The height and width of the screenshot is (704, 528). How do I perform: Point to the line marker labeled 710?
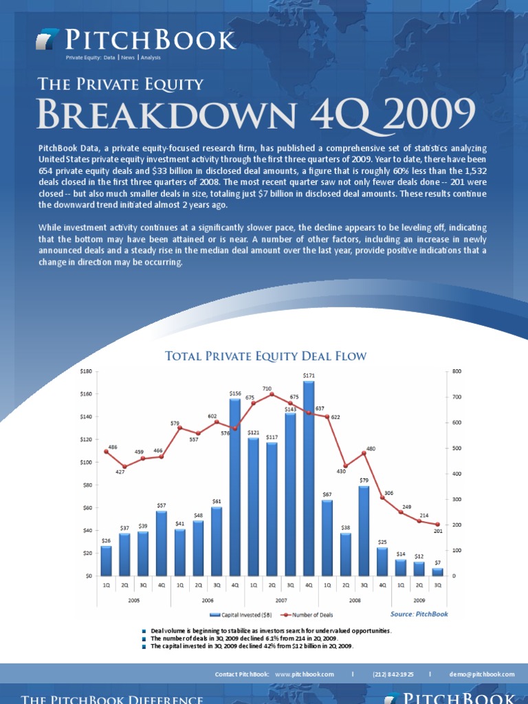pos(272,394)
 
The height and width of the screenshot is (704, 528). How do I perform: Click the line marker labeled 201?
pos(438,525)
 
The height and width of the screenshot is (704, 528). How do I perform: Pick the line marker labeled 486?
pos(106,452)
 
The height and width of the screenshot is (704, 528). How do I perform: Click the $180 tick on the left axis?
pos(86,371)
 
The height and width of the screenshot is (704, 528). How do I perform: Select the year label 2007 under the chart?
pos(281,600)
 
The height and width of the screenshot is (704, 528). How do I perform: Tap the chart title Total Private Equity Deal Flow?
pos(266,355)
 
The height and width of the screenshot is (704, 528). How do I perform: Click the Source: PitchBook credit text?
pos(419,613)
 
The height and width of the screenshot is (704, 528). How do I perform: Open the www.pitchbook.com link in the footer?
pos(304,674)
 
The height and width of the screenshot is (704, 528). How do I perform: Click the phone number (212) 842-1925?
pos(393,674)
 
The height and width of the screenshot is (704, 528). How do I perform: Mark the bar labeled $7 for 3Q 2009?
pos(438,572)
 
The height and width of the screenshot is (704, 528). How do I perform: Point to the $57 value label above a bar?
pos(162,505)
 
